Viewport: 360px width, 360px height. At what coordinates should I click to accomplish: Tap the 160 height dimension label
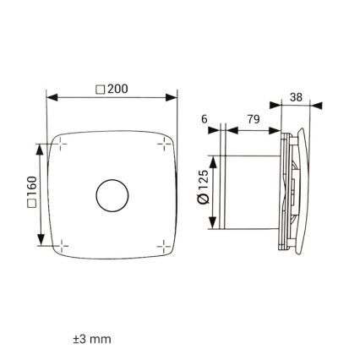pos(32,194)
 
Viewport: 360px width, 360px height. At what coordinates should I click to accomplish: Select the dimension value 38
pos(296,97)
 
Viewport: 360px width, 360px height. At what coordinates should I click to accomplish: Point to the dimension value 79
pos(253,119)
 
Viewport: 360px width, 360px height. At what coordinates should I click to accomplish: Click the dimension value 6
pos(205,119)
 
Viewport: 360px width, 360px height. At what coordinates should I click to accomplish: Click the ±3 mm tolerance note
pos(92,339)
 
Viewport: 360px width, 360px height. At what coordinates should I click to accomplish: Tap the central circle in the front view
pos(112,195)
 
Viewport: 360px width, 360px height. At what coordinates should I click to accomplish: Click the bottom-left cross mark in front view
pos(60,246)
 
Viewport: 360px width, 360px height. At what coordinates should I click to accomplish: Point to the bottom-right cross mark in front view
pos(163,246)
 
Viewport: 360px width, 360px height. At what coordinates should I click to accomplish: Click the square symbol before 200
pos(101,88)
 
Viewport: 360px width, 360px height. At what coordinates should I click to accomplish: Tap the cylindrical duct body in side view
pos(249,193)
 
